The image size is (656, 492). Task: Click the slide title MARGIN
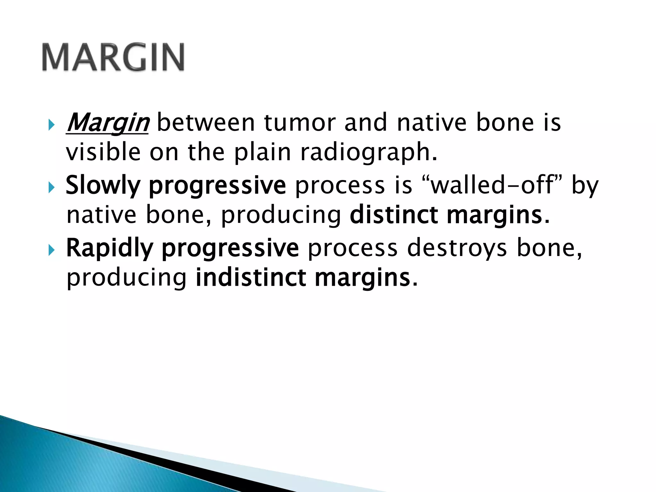coord(113,58)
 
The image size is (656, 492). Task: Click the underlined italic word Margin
coord(107,123)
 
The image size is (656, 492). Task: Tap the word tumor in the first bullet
coord(299,123)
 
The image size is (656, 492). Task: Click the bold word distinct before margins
coord(393,215)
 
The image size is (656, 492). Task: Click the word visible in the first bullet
coord(103,152)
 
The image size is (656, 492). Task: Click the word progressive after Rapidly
coord(230,248)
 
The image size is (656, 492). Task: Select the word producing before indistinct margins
coord(127,277)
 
